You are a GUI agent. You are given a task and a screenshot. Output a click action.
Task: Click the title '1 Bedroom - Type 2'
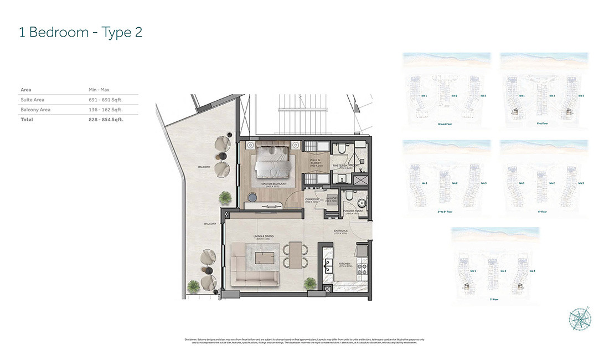80,32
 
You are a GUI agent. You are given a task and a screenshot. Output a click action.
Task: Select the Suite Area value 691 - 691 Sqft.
105,100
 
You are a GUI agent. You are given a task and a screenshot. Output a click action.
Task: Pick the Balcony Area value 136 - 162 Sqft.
105,110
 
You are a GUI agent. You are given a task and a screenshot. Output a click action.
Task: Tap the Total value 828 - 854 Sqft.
106,120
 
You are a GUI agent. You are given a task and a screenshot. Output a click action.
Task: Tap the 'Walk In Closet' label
316,161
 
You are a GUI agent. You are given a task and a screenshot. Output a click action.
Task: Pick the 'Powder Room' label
352,210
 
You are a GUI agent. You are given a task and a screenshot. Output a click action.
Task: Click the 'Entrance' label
340,231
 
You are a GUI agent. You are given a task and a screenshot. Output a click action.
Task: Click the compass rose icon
579,320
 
